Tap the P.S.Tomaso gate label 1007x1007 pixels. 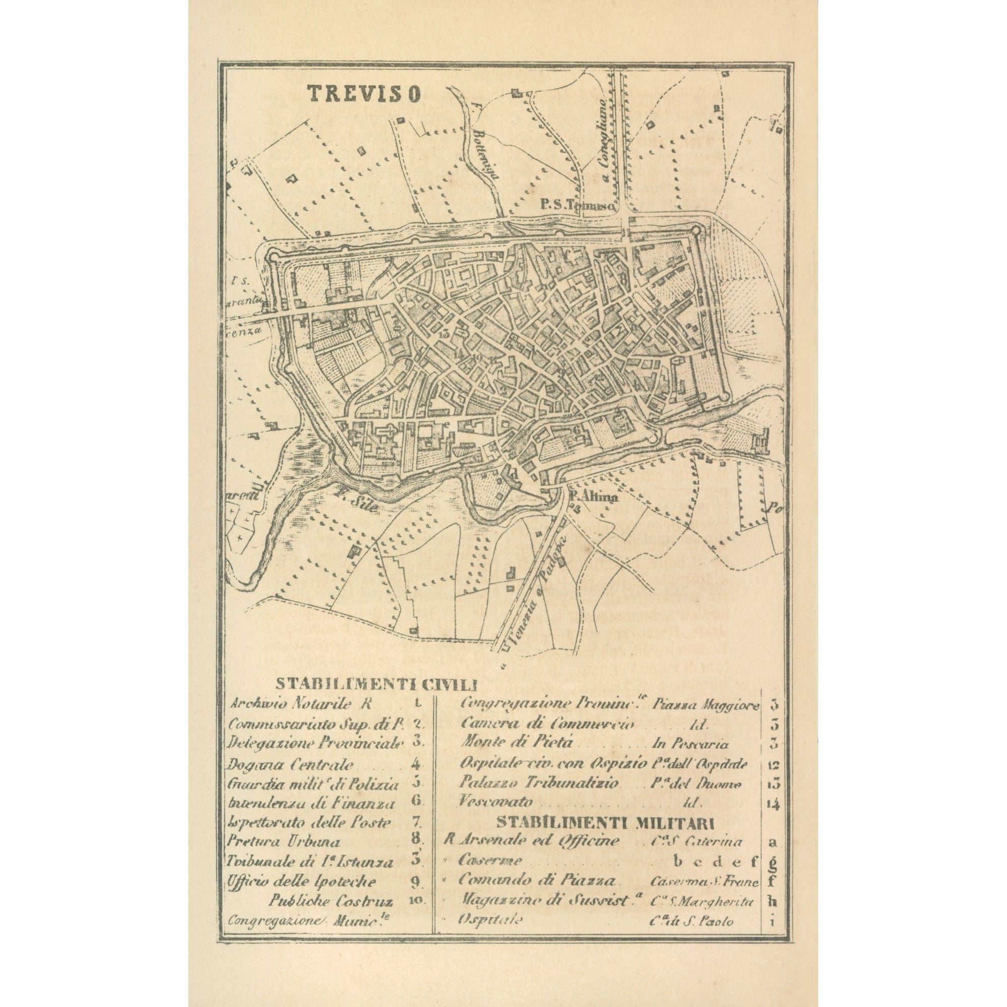click(577, 206)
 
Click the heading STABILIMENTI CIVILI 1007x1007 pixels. click(376, 683)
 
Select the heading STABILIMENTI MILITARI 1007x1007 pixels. click(605, 823)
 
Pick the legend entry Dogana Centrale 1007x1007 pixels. click(291, 765)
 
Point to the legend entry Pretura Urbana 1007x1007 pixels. click(284, 842)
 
